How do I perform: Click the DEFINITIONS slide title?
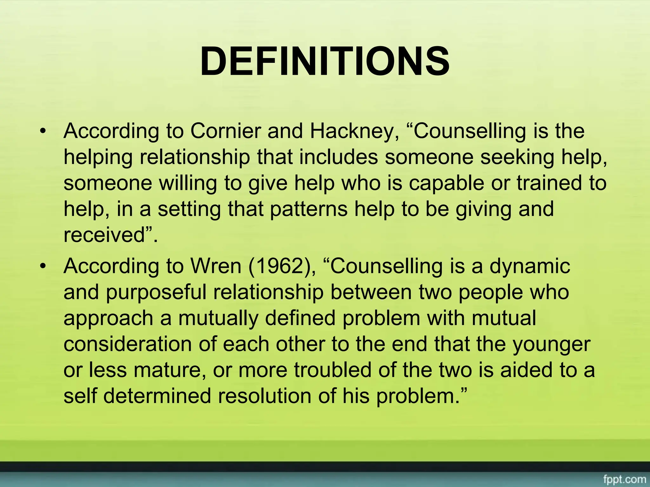[325, 61]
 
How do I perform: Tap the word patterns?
[308, 209]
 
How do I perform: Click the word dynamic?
[529, 266]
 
